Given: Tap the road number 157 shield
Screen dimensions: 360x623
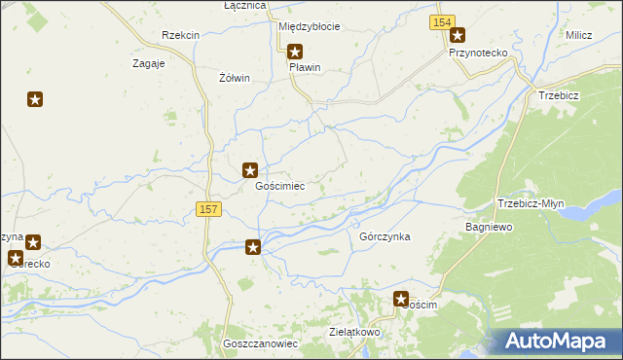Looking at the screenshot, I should click(x=208, y=209).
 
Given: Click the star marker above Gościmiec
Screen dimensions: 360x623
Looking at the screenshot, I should click(x=250, y=170).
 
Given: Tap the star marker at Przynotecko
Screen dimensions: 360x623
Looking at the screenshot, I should click(x=457, y=36).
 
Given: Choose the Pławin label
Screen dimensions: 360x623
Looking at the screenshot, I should click(x=305, y=68).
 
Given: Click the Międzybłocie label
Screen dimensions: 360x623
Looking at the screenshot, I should click(x=309, y=26).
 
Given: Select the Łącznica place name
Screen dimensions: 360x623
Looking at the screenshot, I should click(x=244, y=6).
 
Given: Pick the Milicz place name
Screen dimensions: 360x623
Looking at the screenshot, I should click(x=579, y=35).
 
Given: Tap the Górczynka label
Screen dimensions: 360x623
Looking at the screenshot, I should click(x=385, y=236).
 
